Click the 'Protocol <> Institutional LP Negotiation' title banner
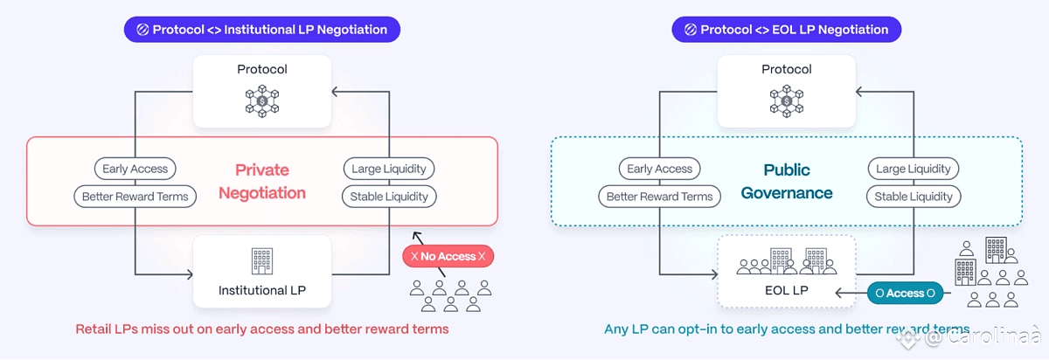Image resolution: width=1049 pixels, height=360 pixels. coord(261,30)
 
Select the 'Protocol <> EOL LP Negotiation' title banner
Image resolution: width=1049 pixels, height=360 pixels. coord(786,30)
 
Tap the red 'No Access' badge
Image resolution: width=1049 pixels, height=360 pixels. coord(448,256)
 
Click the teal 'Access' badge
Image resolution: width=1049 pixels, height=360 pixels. coord(905,293)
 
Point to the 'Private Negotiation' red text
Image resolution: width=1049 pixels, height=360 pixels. coord(261,181)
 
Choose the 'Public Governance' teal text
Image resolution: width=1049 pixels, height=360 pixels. coord(787,181)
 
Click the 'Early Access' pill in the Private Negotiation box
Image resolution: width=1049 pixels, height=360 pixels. coord(135,169)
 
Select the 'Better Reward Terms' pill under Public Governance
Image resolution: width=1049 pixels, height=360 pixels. coord(659,197)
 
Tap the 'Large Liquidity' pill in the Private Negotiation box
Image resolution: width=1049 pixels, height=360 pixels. coord(389,169)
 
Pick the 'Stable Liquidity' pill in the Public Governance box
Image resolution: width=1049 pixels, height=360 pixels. coord(914,197)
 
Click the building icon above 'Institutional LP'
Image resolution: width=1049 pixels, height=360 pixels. coord(261,260)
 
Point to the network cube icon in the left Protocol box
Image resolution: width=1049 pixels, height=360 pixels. coord(261,100)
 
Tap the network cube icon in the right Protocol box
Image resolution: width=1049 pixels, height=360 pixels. coord(786,100)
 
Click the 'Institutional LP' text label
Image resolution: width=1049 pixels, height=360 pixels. coord(261,290)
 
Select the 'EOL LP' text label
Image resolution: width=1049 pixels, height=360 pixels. coord(786,290)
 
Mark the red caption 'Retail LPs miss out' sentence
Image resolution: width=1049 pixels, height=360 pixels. coord(261,329)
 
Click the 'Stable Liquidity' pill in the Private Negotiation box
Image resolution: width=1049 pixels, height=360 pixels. coord(389,197)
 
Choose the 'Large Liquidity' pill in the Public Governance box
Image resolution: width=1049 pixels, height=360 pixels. coord(914,169)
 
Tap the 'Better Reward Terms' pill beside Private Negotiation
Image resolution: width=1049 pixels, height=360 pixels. coord(135,197)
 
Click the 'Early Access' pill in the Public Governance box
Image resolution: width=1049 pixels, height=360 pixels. coord(659,169)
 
